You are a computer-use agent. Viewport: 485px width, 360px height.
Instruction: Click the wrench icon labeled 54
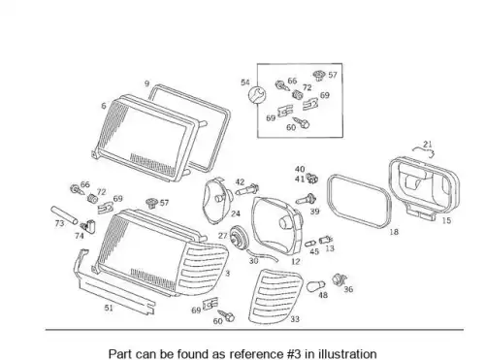click(257, 95)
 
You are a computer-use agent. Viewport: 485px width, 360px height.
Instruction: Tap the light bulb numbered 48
click(312, 286)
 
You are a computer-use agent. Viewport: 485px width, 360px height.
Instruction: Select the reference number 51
click(109, 308)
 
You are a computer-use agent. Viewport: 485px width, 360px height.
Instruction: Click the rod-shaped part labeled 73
click(64, 215)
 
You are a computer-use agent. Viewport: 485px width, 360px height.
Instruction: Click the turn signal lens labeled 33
click(275, 296)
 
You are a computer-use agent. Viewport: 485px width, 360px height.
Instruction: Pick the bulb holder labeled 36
click(339, 279)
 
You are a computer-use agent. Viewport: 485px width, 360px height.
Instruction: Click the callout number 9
click(147, 83)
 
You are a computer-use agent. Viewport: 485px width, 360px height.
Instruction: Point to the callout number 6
click(104, 106)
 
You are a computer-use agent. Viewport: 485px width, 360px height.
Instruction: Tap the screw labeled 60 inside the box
click(301, 122)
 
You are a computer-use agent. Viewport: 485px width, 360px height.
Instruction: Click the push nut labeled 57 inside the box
click(318, 76)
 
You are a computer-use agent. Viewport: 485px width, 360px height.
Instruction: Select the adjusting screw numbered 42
click(247, 190)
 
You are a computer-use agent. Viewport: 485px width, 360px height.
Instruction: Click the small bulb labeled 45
click(311, 243)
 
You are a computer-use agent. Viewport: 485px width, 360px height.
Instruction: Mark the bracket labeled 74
click(88, 226)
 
